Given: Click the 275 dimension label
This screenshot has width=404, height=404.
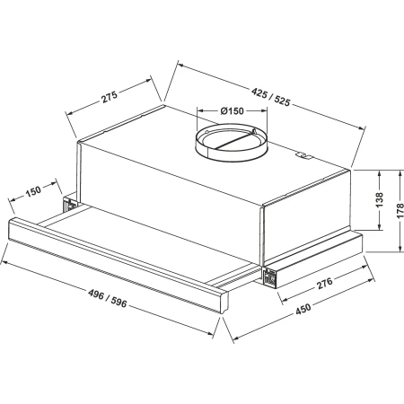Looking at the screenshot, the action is (110, 96).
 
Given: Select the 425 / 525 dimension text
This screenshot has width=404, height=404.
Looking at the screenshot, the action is (271, 98).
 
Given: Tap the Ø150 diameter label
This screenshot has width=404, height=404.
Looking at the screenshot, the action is (232, 111).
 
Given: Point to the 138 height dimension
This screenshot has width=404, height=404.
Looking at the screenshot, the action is (379, 200).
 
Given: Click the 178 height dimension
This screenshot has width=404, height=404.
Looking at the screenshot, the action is (400, 211).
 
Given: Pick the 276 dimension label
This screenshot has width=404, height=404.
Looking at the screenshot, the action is (324, 283).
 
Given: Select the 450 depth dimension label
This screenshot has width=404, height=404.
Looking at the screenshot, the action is (303, 309).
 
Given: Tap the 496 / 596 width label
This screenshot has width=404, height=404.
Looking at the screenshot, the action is (108, 298).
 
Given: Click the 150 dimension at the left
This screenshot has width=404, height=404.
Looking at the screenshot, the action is (33, 191).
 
